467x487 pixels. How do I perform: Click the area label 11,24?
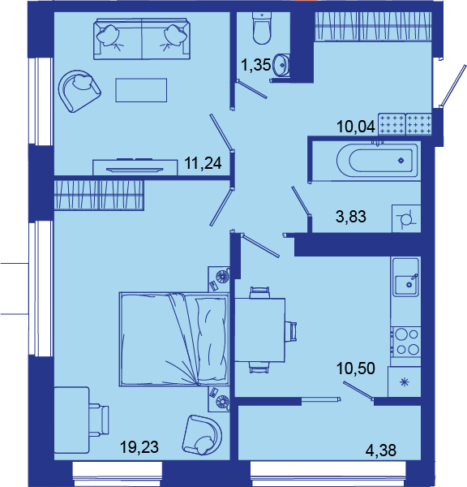(204, 163)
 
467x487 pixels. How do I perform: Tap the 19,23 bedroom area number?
(139, 447)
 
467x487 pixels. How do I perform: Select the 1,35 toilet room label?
(256, 65)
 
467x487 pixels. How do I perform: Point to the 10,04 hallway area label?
(356, 127)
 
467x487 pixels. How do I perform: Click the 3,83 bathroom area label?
(351, 217)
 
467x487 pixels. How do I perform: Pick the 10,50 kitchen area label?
(356, 368)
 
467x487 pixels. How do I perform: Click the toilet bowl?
(262, 28)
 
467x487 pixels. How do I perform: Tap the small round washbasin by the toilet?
(281, 65)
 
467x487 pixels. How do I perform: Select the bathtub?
(377, 160)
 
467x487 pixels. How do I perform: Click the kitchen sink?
(406, 277)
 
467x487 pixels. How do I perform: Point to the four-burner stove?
(406, 343)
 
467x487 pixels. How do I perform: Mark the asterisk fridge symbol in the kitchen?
(405, 382)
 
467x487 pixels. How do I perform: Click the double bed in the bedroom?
(174, 339)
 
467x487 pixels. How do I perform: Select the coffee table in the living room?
(141, 90)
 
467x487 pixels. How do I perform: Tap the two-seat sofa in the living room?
(142, 39)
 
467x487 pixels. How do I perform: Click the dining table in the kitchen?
(259, 330)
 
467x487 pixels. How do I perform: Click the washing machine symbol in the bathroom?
(406, 219)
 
